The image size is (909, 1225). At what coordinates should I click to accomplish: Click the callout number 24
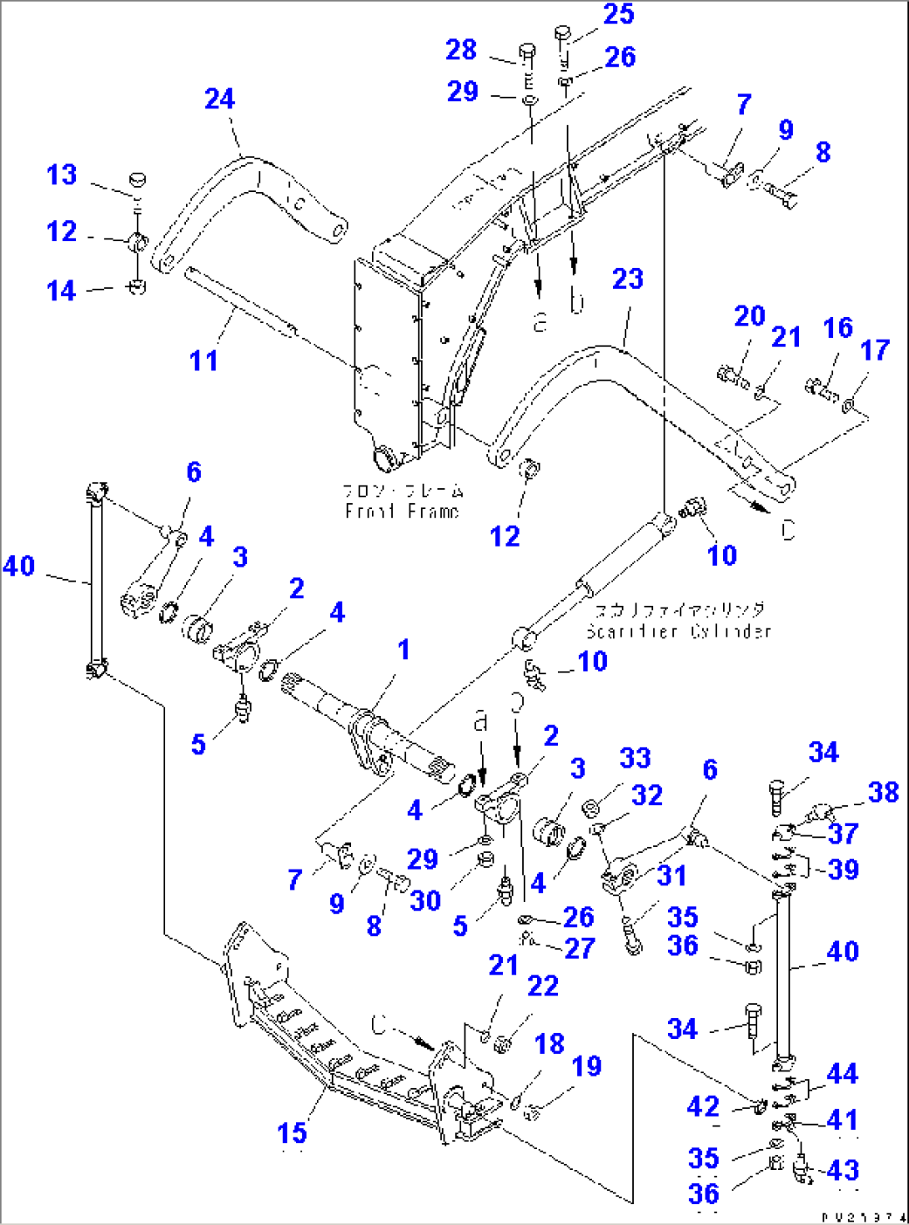(220, 99)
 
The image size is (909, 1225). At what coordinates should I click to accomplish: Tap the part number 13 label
(62, 175)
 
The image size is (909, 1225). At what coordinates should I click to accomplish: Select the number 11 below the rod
(203, 360)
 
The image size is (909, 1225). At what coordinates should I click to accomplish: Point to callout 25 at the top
(619, 14)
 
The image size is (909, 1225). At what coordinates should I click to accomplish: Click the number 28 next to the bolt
(461, 50)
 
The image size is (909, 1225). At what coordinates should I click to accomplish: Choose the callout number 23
(628, 279)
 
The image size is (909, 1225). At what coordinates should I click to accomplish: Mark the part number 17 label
(875, 350)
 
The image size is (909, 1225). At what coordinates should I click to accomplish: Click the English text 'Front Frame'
(401, 512)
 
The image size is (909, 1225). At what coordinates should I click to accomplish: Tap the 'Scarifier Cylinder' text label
(678, 631)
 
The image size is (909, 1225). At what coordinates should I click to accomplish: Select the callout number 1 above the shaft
(404, 649)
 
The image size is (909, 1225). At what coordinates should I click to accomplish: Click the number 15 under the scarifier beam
(292, 1133)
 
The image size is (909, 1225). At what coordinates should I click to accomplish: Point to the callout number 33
(635, 758)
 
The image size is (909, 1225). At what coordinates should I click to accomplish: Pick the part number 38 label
(883, 792)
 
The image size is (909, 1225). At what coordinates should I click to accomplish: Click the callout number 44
(841, 1074)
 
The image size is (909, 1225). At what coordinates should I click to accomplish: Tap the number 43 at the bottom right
(843, 1170)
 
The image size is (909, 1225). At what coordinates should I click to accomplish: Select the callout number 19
(586, 1066)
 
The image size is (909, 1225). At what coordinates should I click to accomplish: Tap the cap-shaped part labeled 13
(138, 179)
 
